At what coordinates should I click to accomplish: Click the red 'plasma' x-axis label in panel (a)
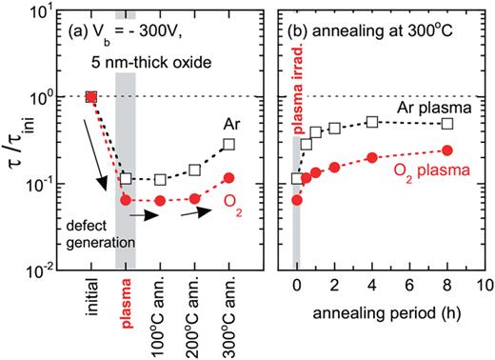pyautogui.click(x=126, y=306)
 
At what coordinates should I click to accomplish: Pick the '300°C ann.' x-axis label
pyautogui.click(x=229, y=315)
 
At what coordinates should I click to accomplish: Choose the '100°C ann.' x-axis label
pyautogui.click(x=161, y=315)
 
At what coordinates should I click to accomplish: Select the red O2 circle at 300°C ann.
pyautogui.click(x=228, y=177)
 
